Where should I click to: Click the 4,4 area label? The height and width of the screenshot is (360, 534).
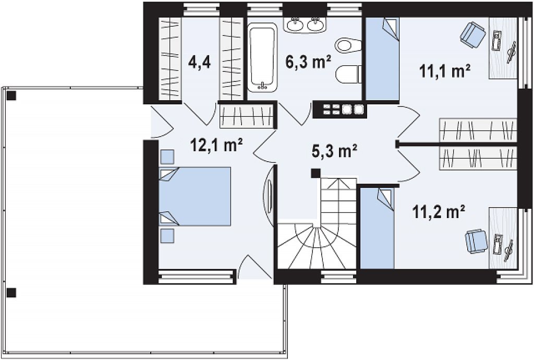(200, 63)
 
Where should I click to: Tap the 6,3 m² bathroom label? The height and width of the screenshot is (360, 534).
(308, 62)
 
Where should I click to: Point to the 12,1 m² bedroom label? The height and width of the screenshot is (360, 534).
(216, 146)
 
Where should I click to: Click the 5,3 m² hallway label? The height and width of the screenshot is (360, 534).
(334, 151)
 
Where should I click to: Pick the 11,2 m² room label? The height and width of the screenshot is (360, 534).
(439, 212)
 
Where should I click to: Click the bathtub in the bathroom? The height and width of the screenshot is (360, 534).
(262, 57)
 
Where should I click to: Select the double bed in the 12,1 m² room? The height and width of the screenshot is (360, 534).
(195, 196)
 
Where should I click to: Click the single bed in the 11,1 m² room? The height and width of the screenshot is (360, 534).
(382, 58)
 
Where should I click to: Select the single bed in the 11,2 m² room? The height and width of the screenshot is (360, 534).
(378, 228)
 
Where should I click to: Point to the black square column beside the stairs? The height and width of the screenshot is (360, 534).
(315, 173)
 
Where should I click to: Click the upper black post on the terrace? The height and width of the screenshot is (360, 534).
(11, 95)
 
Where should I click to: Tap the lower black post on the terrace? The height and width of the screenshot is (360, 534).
(11, 293)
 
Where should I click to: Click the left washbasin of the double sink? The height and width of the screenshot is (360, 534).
(295, 25)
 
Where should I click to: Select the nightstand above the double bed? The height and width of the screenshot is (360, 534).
(167, 157)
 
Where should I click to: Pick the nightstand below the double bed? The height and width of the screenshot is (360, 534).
(167, 236)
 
